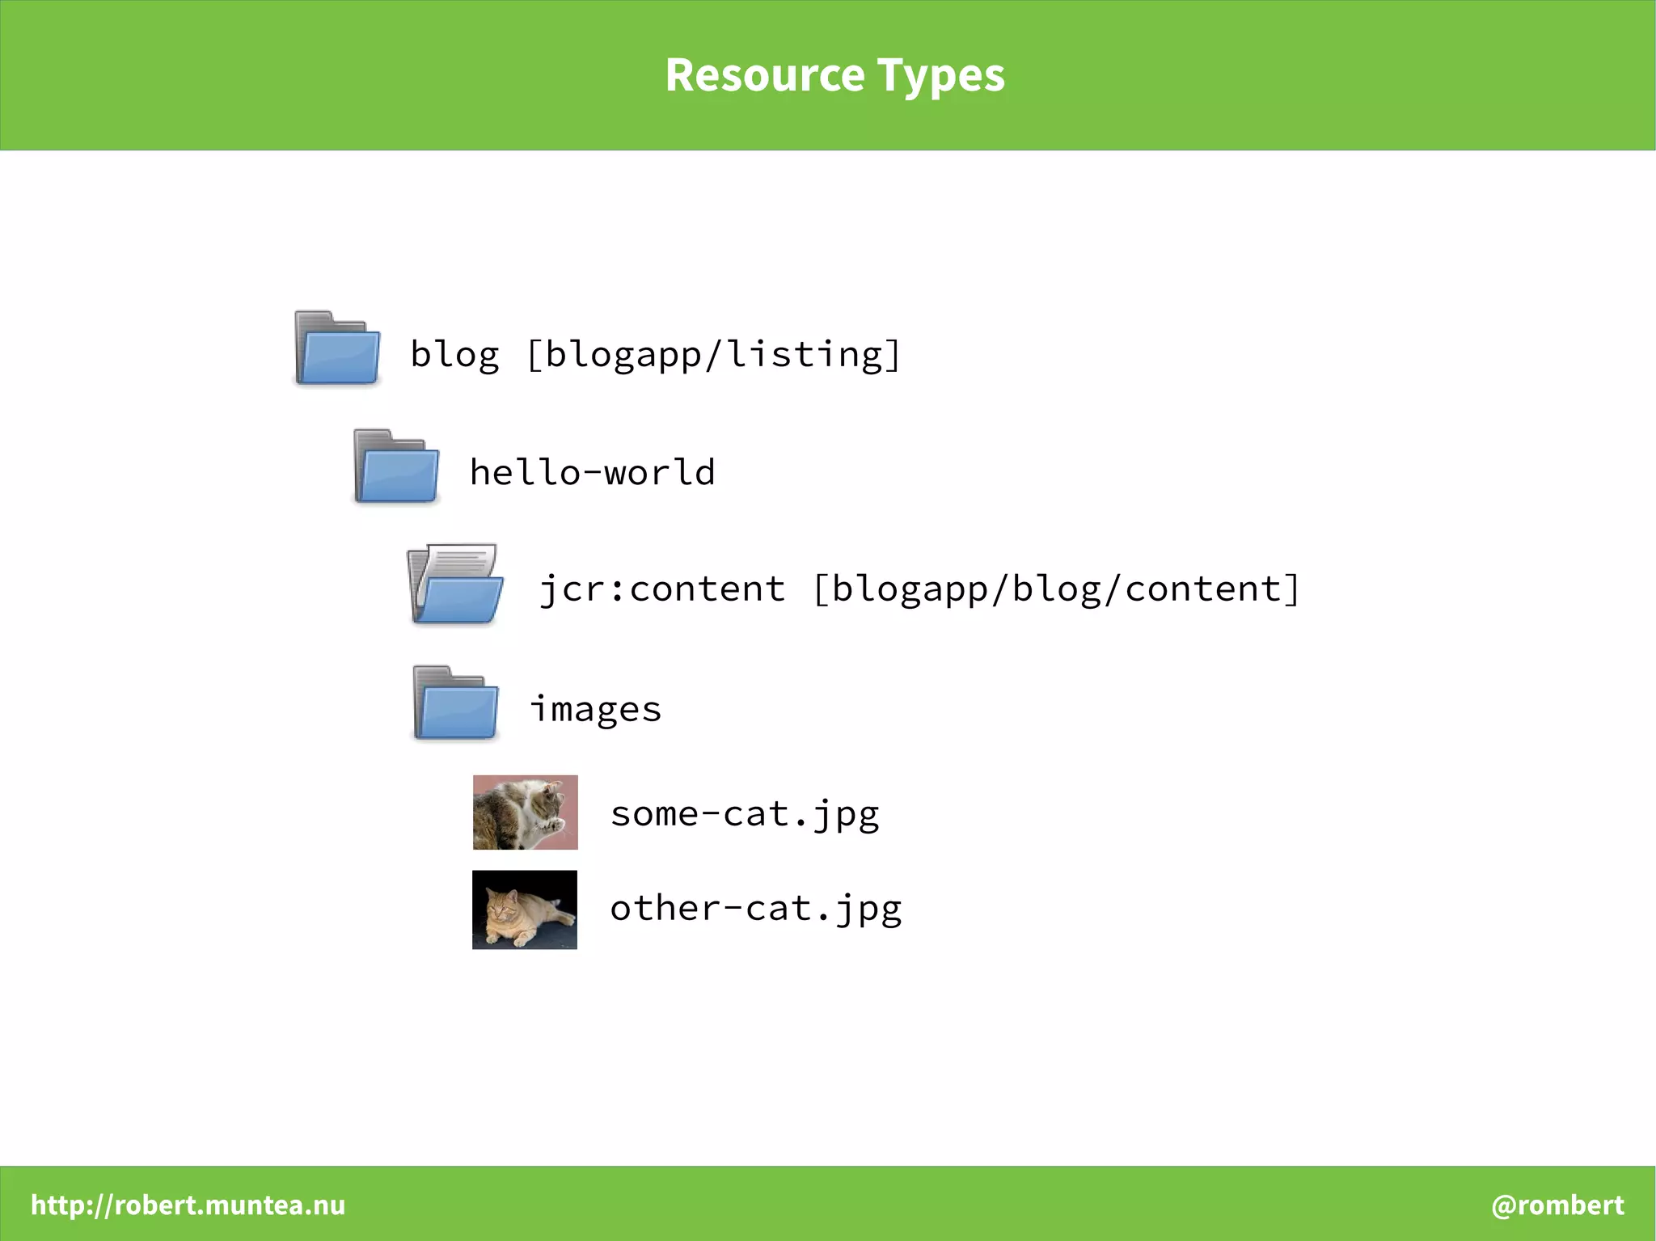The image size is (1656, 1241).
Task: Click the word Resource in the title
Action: pyautogui.click(x=765, y=75)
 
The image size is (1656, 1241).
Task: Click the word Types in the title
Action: pyautogui.click(x=941, y=75)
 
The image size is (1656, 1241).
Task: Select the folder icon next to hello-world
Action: pyautogui.click(x=396, y=466)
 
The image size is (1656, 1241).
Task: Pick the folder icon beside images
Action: pyautogui.click(x=455, y=703)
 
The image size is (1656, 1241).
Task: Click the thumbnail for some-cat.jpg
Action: pyautogui.click(x=526, y=812)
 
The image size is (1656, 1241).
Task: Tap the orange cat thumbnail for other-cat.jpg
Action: pyautogui.click(x=525, y=910)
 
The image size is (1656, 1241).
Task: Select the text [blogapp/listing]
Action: pyautogui.click(x=713, y=354)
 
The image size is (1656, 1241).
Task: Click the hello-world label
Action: pyautogui.click(x=593, y=472)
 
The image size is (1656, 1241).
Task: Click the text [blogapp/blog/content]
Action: pyautogui.click(x=1056, y=589)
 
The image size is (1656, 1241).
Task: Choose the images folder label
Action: pyautogui.click(x=596, y=709)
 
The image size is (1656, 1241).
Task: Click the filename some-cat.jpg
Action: pyautogui.click(x=745, y=813)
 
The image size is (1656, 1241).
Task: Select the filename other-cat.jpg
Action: pyautogui.click(x=756, y=908)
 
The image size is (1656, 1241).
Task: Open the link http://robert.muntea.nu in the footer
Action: pyautogui.click(x=188, y=1205)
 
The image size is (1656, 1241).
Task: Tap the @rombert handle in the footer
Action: pyautogui.click(x=1557, y=1205)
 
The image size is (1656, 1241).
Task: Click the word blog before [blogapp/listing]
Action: pyautogui.click(x=454, y=354)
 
